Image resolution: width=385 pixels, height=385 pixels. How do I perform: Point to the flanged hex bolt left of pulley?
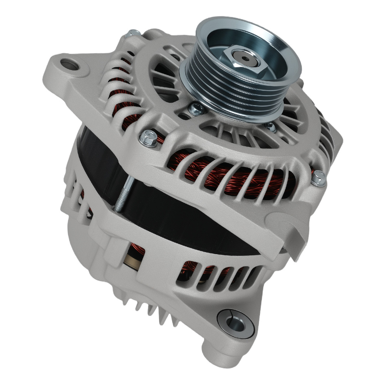coord(149,137)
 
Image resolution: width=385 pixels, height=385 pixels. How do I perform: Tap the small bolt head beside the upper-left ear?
coord(134,34)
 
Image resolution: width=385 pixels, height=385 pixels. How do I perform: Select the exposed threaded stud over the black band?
coord(122,197)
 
